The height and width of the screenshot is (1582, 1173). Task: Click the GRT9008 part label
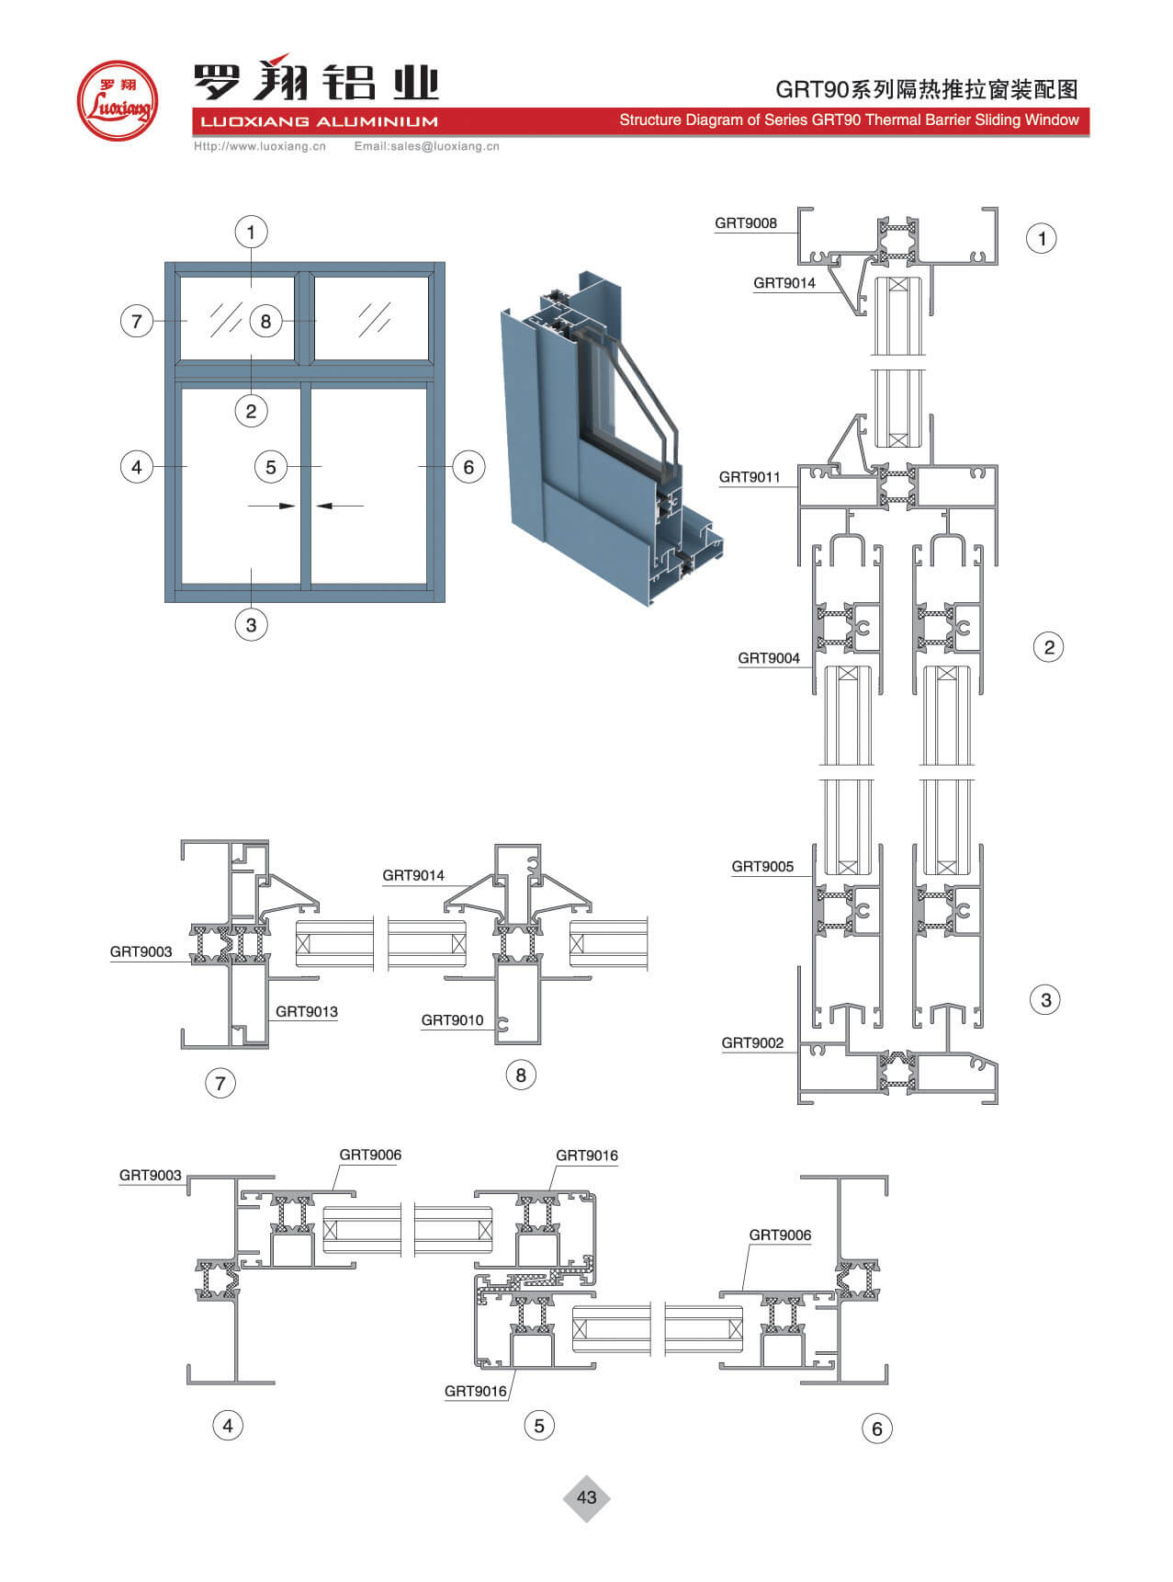click(745, 223)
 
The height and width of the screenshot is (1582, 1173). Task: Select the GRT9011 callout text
click(749, 477)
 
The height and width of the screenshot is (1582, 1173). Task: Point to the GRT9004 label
click(768, 658)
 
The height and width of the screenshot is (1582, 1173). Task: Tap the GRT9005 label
click(761, 867)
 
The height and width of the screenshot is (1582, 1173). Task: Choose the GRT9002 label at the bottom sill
click(752, 1043)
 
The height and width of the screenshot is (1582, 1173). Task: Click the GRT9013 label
click(306, 1012)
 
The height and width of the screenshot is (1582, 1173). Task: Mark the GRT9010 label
click(452, 1020)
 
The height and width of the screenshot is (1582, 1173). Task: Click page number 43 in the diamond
click(586, 1497)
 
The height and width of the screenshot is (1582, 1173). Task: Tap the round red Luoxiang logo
click(117, 100)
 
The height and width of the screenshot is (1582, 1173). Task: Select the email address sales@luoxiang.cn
click(427, 146)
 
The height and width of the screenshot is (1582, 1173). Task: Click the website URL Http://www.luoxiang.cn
click(260, 146)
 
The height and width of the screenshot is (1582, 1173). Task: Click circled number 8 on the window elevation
click(265, 321)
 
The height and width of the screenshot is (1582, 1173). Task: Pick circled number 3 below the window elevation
click(251, 625)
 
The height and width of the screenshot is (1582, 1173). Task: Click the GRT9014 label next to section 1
click(784, 283)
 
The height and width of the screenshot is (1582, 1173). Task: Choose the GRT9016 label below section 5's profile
click(475, 1392)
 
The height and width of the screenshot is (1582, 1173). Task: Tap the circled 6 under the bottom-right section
click(876, 1428)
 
